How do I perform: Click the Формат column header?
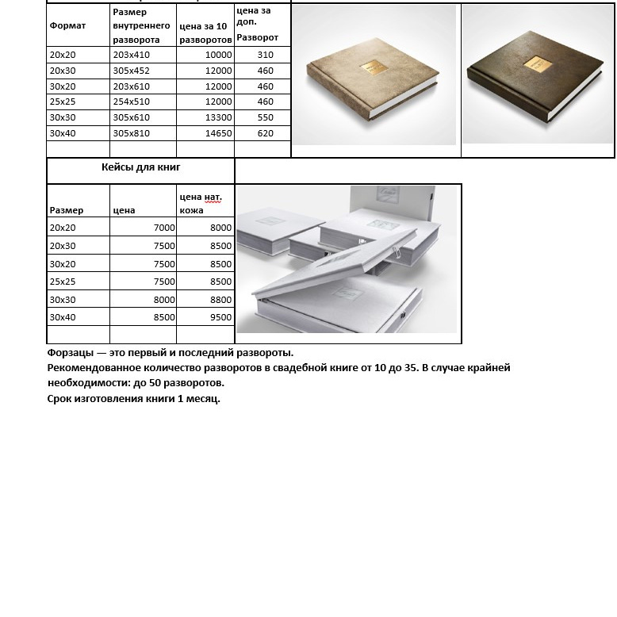pos(67,25)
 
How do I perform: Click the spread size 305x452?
pos(131,71)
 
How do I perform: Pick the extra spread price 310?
pos(265,55)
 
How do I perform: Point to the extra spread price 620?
pos(265,133)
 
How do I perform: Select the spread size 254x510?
pos(131,102)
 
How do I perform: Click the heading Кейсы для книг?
pos(141,167)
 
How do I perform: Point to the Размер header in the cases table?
pos(66,210)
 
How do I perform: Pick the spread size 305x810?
pos(131,133)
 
